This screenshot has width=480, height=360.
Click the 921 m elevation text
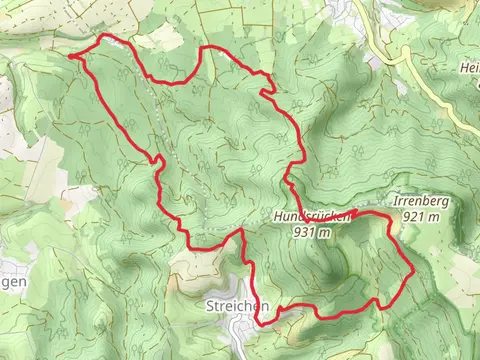click(x=421, y=215)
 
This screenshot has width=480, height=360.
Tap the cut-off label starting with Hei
click(x=469, y=68)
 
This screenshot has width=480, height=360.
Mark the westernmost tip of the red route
click(x=71, y=57)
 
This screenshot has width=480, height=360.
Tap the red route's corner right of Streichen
click(x=261, y=321)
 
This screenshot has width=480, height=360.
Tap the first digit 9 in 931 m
click(x=298, y=232)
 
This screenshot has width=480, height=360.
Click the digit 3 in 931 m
click(x=305, y=232)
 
